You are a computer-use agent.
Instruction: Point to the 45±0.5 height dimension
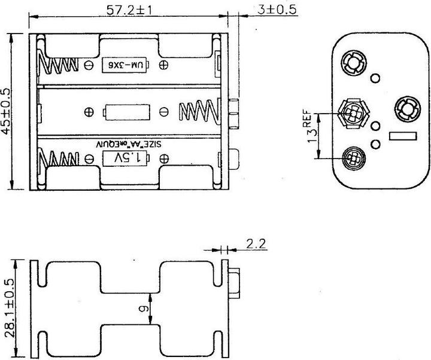click(8, 112)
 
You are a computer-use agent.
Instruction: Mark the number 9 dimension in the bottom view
click(141, 309)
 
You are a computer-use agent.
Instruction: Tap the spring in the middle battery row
click(196, 111)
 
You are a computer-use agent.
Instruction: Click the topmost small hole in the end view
click(376, 78)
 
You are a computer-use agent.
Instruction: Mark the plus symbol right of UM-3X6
click(163, 64)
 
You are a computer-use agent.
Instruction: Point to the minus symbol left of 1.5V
click(90, 158)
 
